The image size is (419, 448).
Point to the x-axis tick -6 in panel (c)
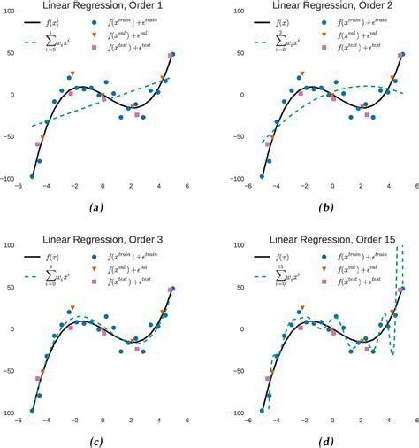coord(18,421)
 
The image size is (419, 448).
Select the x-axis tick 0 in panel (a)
coord(103,186)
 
